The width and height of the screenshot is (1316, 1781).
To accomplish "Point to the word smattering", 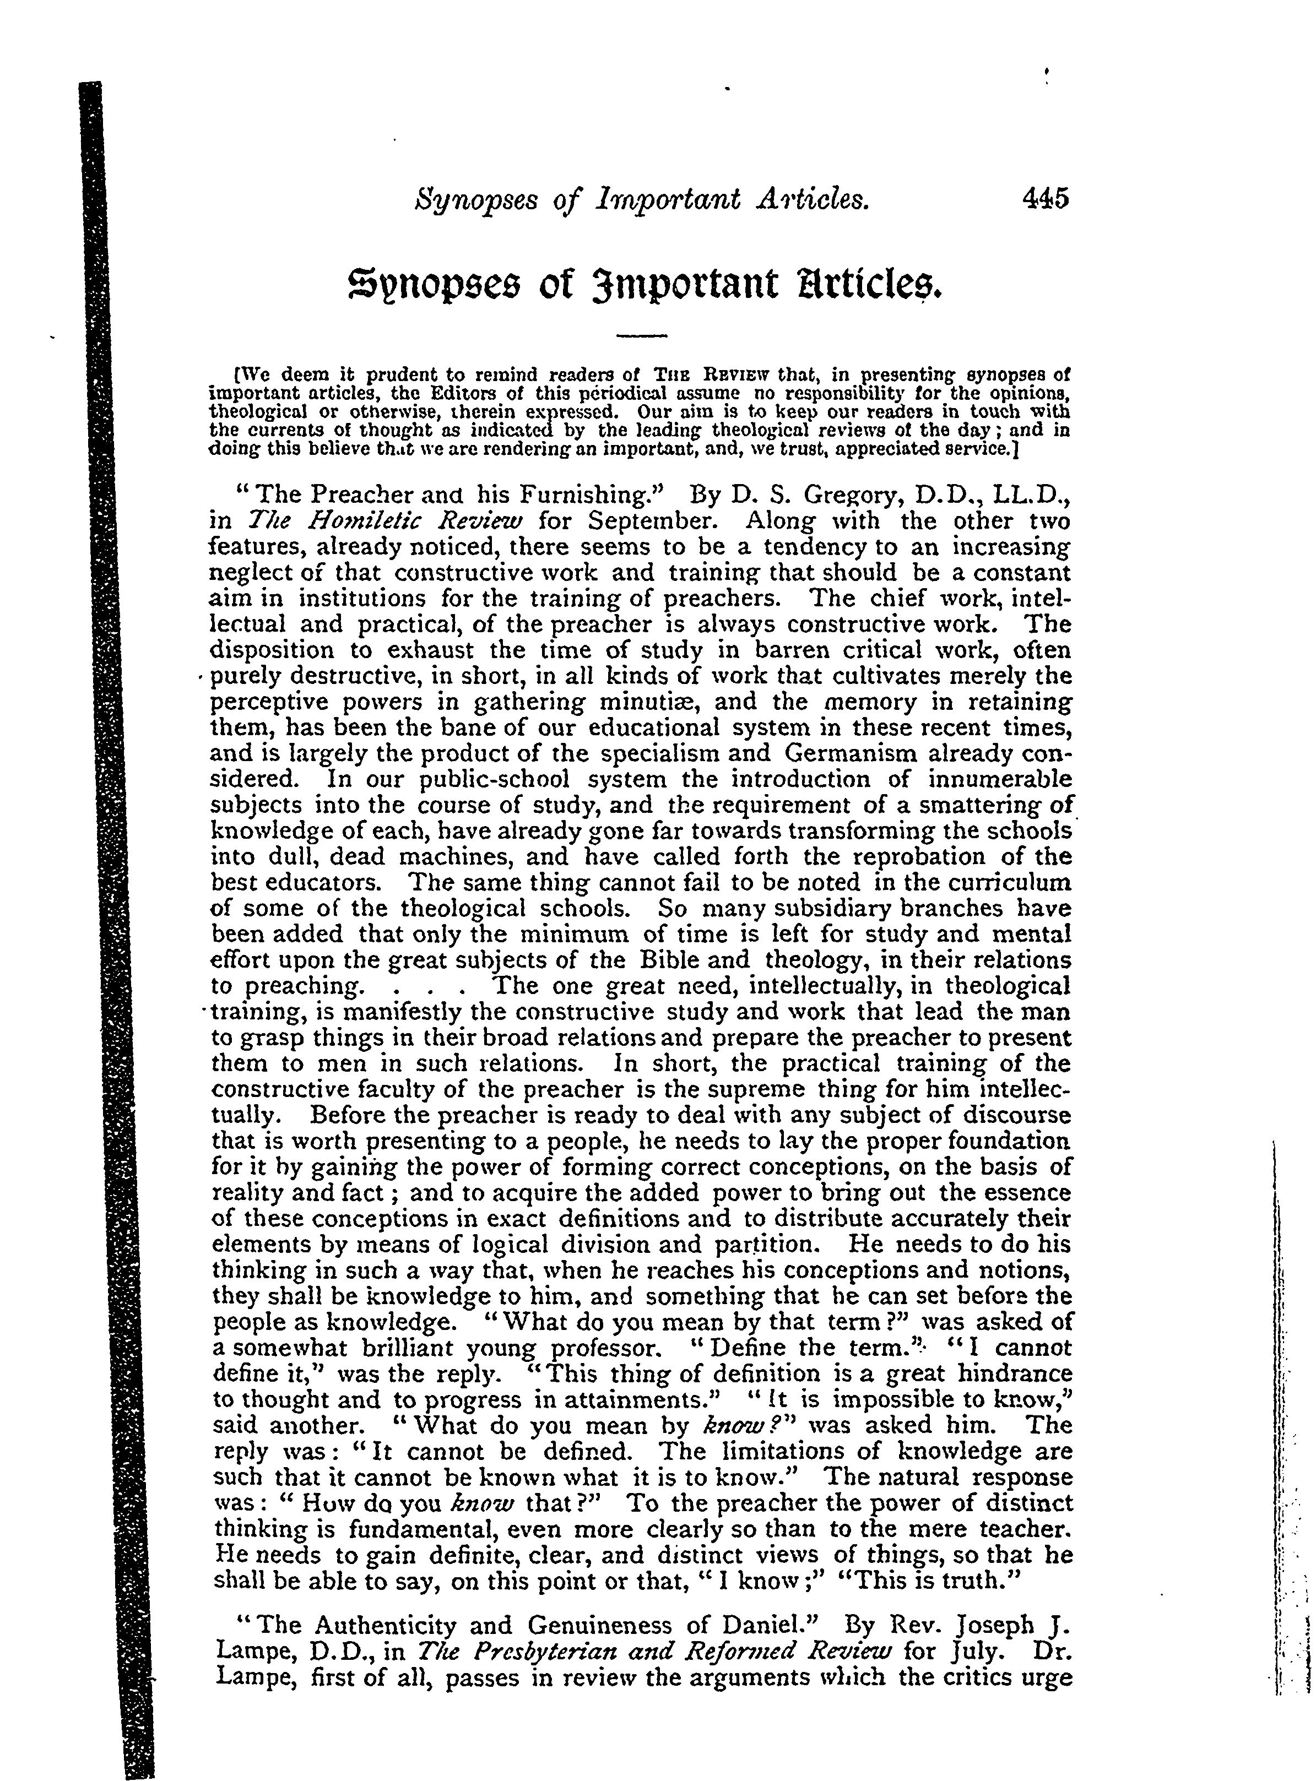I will tap(979, 805).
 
